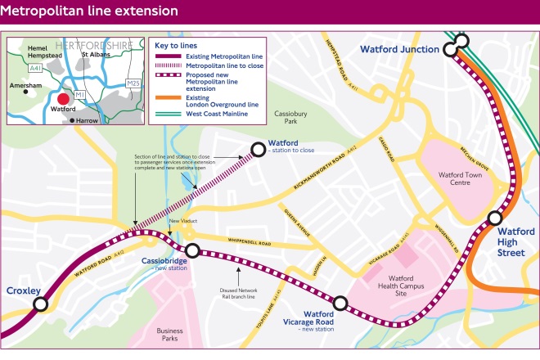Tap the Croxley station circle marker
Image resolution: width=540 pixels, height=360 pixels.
[x=38, y=305]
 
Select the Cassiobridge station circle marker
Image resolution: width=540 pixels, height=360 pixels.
[x=192, y=250]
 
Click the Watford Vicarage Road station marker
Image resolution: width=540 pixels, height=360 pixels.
[x=340, y=304]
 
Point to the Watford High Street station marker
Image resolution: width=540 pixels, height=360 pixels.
[x=494, y=218]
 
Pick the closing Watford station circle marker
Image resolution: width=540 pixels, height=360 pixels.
[x=258, y=148]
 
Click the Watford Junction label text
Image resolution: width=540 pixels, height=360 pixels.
[x=400, y=50]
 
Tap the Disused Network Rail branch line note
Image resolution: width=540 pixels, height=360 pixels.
[x=238, y=293]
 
